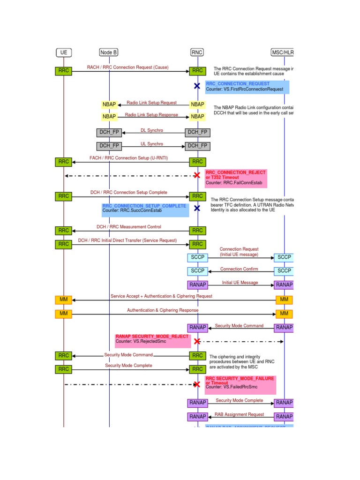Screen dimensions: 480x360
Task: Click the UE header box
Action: [64, 52]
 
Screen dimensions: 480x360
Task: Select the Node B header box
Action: [109, 52]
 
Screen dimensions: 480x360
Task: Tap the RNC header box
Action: [197, 52]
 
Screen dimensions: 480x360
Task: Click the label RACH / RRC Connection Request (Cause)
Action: [127, 67]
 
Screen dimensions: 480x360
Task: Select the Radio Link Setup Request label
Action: [151, 102]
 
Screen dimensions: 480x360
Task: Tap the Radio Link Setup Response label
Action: [151, 114]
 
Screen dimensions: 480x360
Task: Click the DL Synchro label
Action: [152, 130]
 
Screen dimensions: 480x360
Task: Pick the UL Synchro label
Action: [152, 144]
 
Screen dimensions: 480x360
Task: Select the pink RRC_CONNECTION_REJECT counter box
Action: [236, 178]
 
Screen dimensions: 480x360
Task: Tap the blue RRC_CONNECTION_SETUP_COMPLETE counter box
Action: [145, 209]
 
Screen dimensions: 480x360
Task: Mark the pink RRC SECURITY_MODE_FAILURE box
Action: [240, 384]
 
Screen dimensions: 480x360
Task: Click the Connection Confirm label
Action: [239, 269]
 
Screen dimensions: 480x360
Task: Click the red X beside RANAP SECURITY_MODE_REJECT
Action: [197, 342]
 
